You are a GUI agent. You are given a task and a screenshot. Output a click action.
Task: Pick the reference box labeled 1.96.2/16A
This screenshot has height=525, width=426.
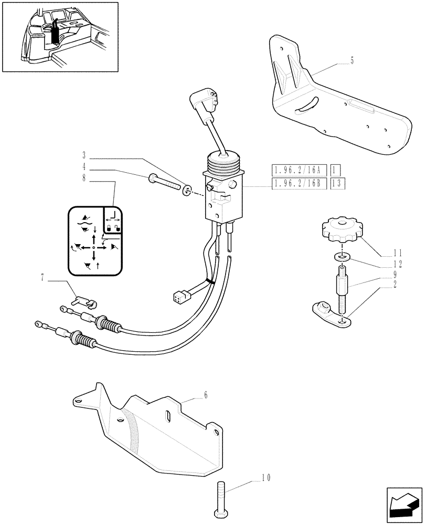point(299,170)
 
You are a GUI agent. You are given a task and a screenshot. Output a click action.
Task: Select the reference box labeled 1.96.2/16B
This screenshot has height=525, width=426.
point(299,183)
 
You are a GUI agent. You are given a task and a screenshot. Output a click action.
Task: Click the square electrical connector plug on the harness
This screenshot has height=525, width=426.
point(178,297)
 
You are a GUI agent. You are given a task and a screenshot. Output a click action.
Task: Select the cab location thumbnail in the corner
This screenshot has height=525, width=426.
point(60,37)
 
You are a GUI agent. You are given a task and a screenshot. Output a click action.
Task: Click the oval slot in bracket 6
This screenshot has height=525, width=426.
point(168,416)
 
